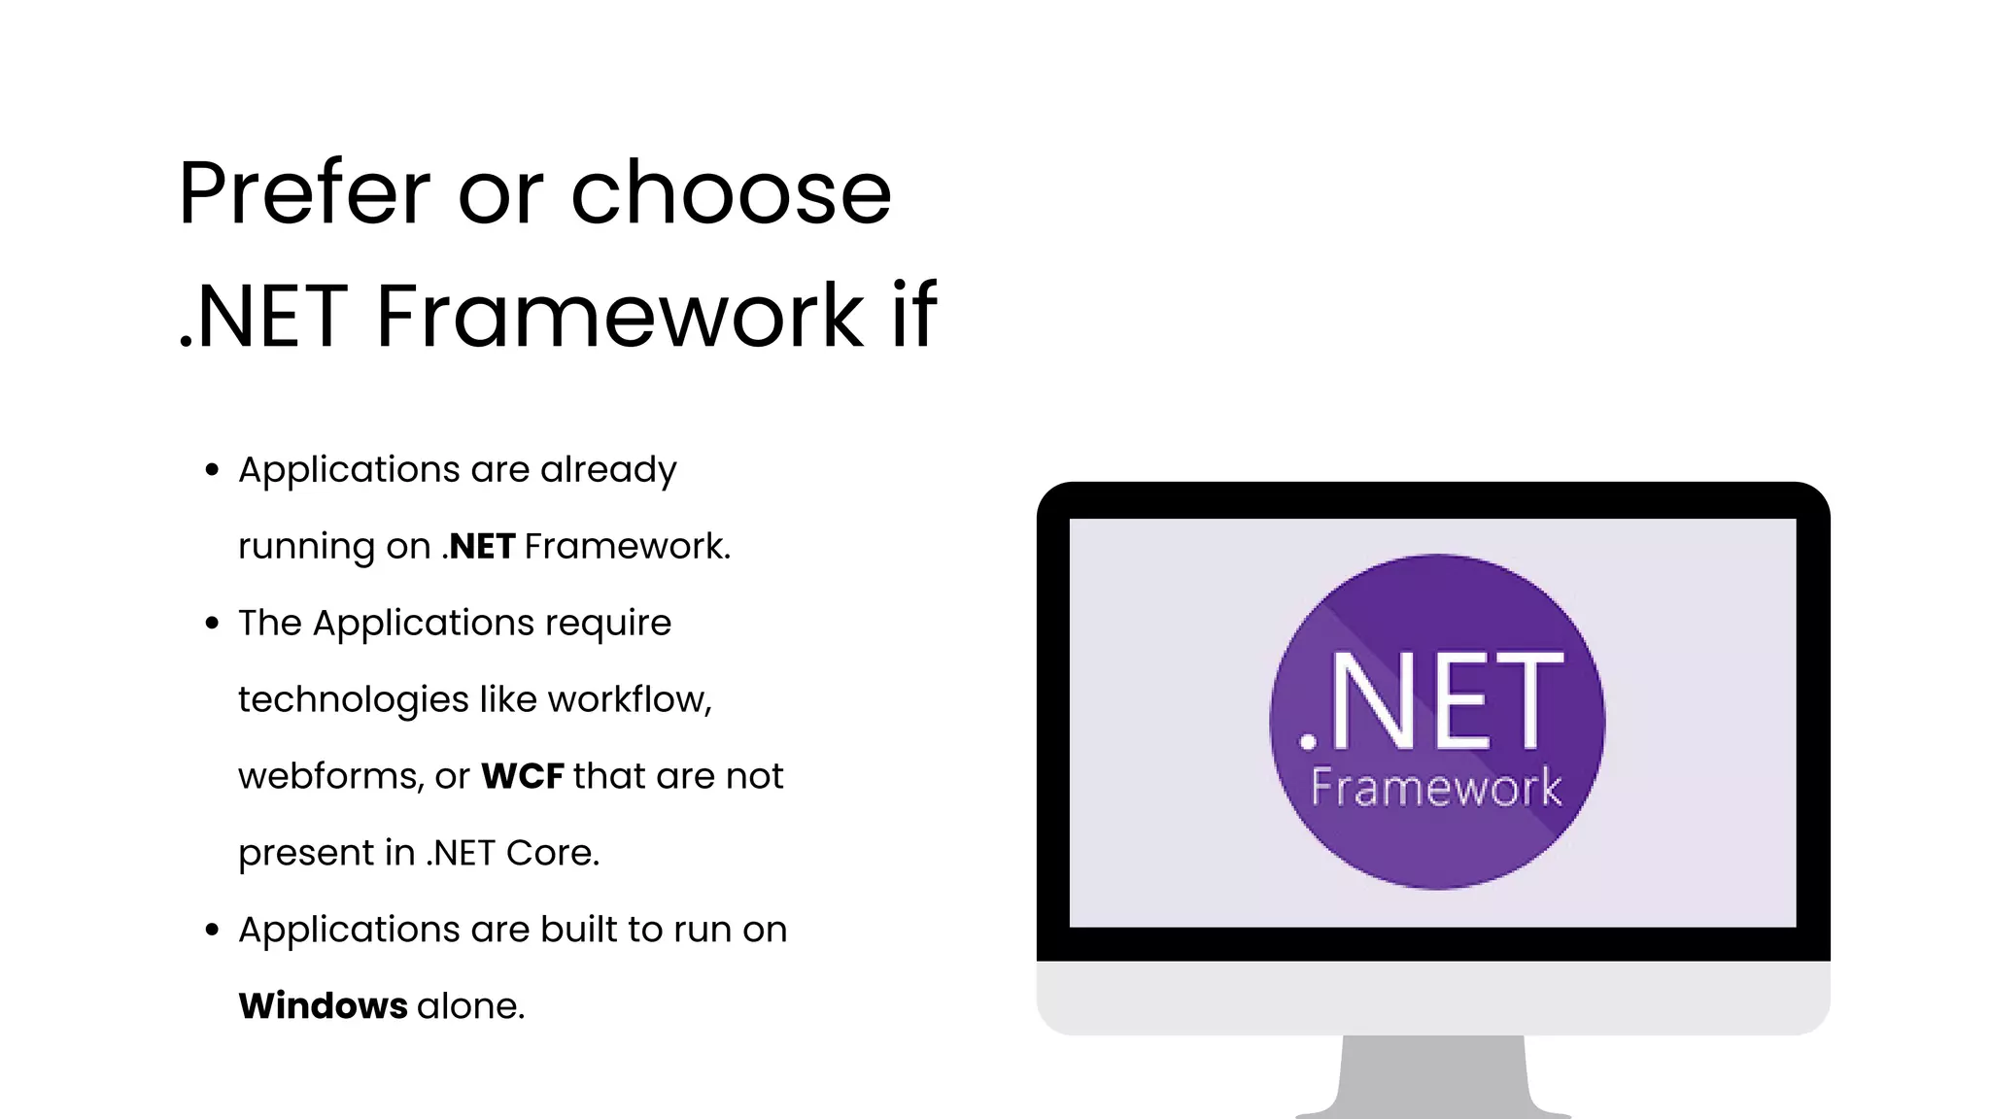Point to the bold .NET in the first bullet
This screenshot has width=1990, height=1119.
coord(478,547)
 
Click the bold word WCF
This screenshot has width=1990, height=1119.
coord(523,776)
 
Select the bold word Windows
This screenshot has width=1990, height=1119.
coord(323,1006)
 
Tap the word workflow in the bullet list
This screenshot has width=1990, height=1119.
coord(629,699)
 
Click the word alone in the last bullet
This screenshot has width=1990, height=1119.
coord(470,1006)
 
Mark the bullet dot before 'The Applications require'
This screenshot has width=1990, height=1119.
coord(213,624)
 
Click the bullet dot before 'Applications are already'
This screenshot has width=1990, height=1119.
coord(213,470)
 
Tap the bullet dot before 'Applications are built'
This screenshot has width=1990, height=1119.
coord(213,931)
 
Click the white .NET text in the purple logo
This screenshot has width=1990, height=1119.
coord(1432,701)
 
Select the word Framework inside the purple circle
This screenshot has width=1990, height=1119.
coord(1436,787)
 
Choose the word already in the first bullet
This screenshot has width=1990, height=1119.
coord(608,470)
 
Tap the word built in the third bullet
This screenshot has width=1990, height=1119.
coord(579,930)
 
